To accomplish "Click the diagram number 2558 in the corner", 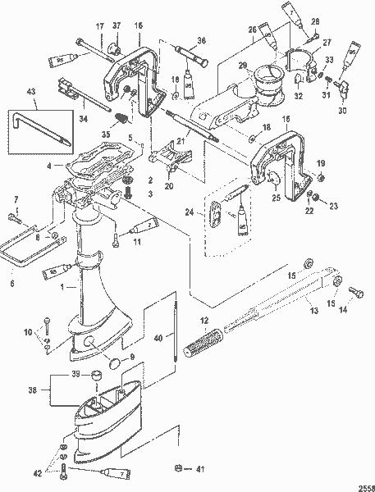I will pyautogui.click(x=361, y=484).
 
